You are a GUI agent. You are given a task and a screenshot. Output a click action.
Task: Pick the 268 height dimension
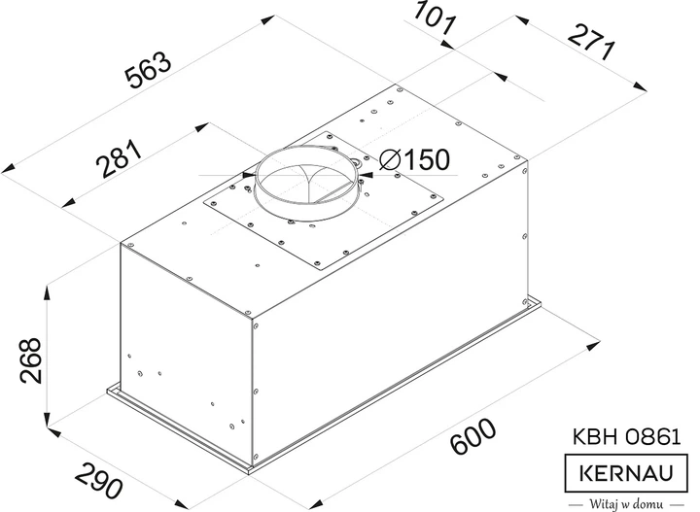(x=28, y=360)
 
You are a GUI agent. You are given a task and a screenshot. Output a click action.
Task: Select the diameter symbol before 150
(x=386, y=159)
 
